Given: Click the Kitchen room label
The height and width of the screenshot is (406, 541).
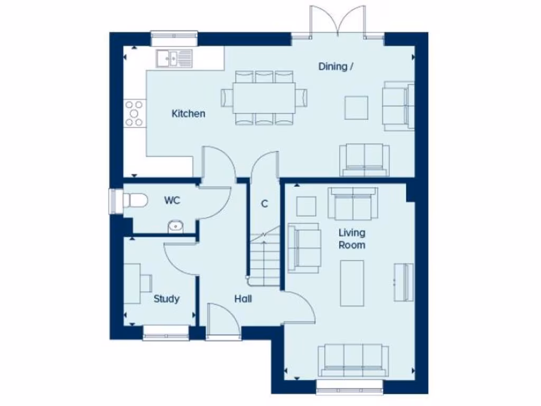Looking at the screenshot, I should coord(189,114).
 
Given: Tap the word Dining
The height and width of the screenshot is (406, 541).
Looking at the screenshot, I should coord(333,67).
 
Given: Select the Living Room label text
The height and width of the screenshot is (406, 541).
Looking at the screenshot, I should coord(352,239).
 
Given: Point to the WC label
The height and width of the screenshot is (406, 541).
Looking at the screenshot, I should coord(172,201).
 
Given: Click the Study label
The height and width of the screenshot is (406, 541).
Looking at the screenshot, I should coord(166,299).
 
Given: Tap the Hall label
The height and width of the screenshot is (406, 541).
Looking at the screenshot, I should coord(243,299).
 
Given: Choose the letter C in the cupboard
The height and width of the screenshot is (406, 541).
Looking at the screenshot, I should coord(265,204).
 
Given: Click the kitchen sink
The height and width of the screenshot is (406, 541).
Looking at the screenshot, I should coord(174,58).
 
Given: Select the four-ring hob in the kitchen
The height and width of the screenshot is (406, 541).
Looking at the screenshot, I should coord(134,113).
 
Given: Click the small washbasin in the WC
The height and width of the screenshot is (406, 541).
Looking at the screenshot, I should coord(175,227).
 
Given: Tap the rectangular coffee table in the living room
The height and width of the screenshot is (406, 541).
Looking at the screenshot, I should coord(352,283).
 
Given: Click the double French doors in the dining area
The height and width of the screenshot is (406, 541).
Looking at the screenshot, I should coord(338,21).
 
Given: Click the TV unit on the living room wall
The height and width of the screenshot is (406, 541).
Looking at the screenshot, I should coord(403,282).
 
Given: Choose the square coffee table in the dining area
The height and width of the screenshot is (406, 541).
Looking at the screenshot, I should coord(357,107).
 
